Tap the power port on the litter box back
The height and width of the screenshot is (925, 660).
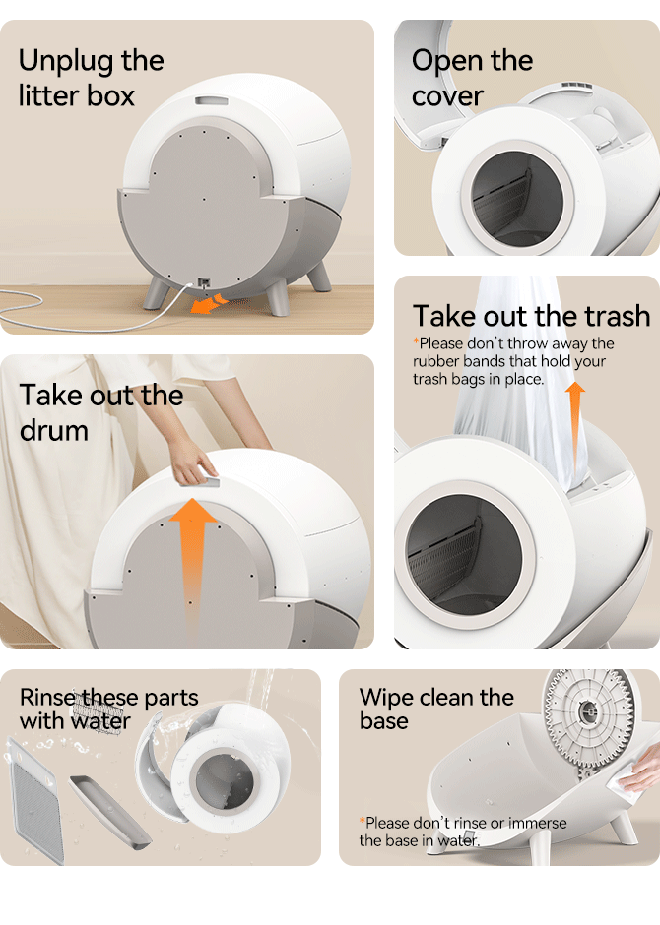tap(204, 282)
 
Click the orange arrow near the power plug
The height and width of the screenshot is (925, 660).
tap(209, 303)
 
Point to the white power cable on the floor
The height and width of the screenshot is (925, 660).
tap(89, 312)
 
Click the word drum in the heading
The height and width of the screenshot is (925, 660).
tap(54, 431)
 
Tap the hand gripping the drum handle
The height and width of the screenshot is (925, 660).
tap(191, 463)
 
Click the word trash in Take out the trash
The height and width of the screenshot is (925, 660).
tap(618, 316)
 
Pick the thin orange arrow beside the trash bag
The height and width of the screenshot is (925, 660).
tap(575, 428)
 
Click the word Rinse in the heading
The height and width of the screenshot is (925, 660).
tap(49, 698)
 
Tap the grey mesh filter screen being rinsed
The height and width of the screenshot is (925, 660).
tap(36, 802)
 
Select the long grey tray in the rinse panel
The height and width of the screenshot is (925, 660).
tap(109, 812)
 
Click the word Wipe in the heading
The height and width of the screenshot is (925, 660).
tap(384, 698)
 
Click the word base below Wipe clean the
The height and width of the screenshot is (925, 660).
tap(384, 721)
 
